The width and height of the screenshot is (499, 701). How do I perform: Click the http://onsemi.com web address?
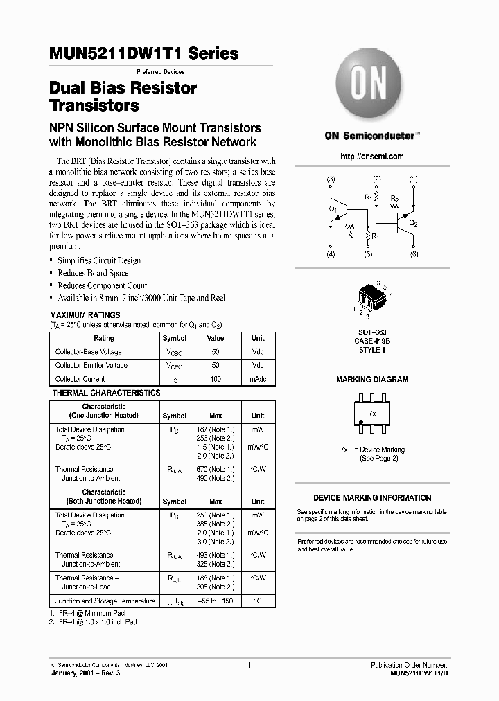372,157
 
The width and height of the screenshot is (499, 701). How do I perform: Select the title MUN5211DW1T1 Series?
144,53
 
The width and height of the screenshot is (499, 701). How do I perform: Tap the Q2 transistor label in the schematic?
413,224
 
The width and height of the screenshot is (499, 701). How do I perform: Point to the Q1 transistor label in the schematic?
333,208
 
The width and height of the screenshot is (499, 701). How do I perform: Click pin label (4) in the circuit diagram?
331,255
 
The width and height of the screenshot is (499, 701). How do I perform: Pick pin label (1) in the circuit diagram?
414,179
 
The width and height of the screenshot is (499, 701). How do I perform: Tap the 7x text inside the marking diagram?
372,413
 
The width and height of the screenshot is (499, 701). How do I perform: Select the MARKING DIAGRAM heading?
372,380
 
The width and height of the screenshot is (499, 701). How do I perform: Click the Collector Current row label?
80,379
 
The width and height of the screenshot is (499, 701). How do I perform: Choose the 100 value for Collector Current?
216,379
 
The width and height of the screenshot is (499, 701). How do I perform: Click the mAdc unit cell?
258,379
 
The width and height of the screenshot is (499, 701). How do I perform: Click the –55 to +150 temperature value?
216,601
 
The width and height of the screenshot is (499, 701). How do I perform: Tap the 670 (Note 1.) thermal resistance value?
216,469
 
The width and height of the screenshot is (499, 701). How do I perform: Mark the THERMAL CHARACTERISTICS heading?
106,393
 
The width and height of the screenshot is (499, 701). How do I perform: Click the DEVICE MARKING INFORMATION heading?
372,498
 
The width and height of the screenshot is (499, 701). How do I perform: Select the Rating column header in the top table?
104,339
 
